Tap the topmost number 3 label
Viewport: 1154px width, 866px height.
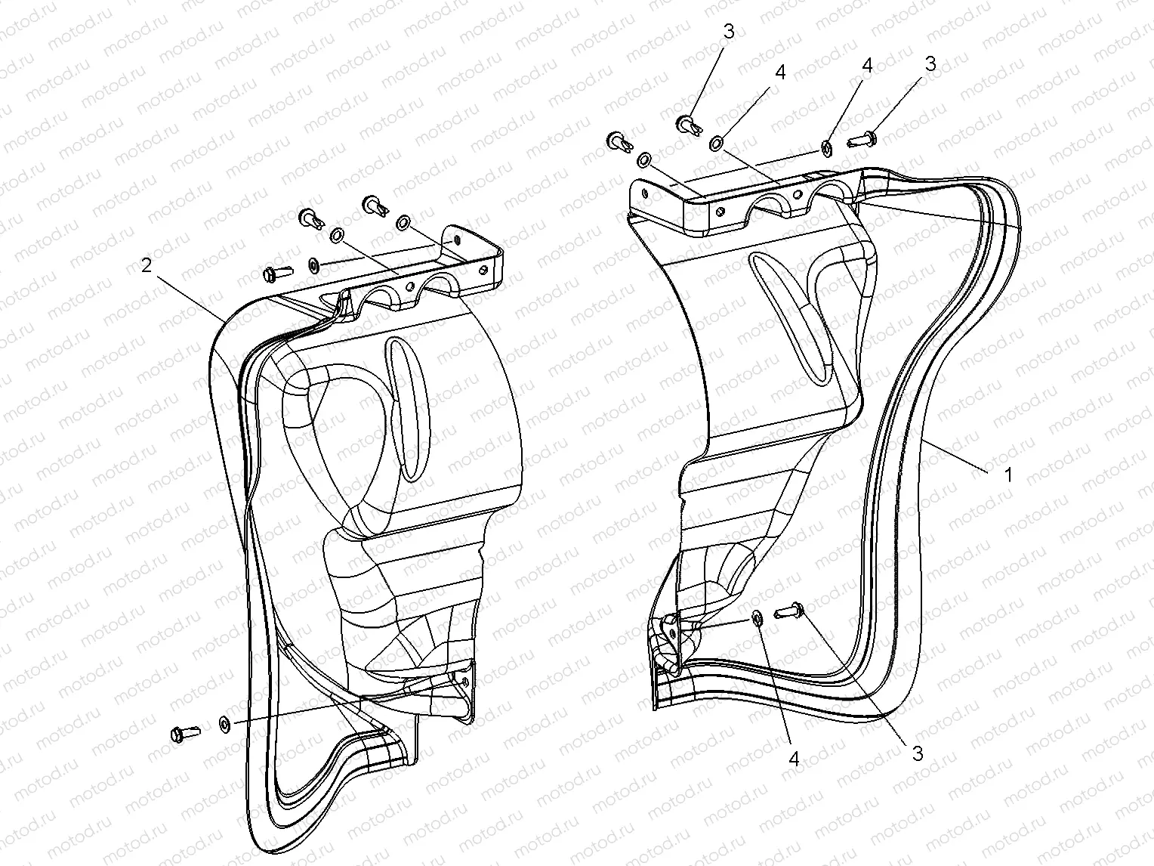pyautogui.click(x=728, y=32)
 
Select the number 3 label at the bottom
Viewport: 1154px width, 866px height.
pyautogui.click(x=918, y=753)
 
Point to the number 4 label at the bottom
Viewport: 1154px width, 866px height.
pyautogui.click(x=794, y=759)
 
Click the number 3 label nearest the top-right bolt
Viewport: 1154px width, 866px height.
pyautogui.click(x=930, y=64)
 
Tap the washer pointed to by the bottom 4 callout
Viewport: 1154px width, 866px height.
pyautogui.click(x=756, y=620)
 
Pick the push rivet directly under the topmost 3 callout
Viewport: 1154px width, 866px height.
pyautogui.click(x=687, y=123)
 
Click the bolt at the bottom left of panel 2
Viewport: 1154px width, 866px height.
pyautogui.click(x=184, y=732)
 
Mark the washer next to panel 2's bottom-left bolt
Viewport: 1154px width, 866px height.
pyautogui.click(x=224, y=724)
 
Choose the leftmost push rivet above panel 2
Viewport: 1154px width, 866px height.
pyautogui.click(x=310, y=219)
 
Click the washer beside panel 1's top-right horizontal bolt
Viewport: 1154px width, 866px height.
pyautogui.click(x=827, y=148)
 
